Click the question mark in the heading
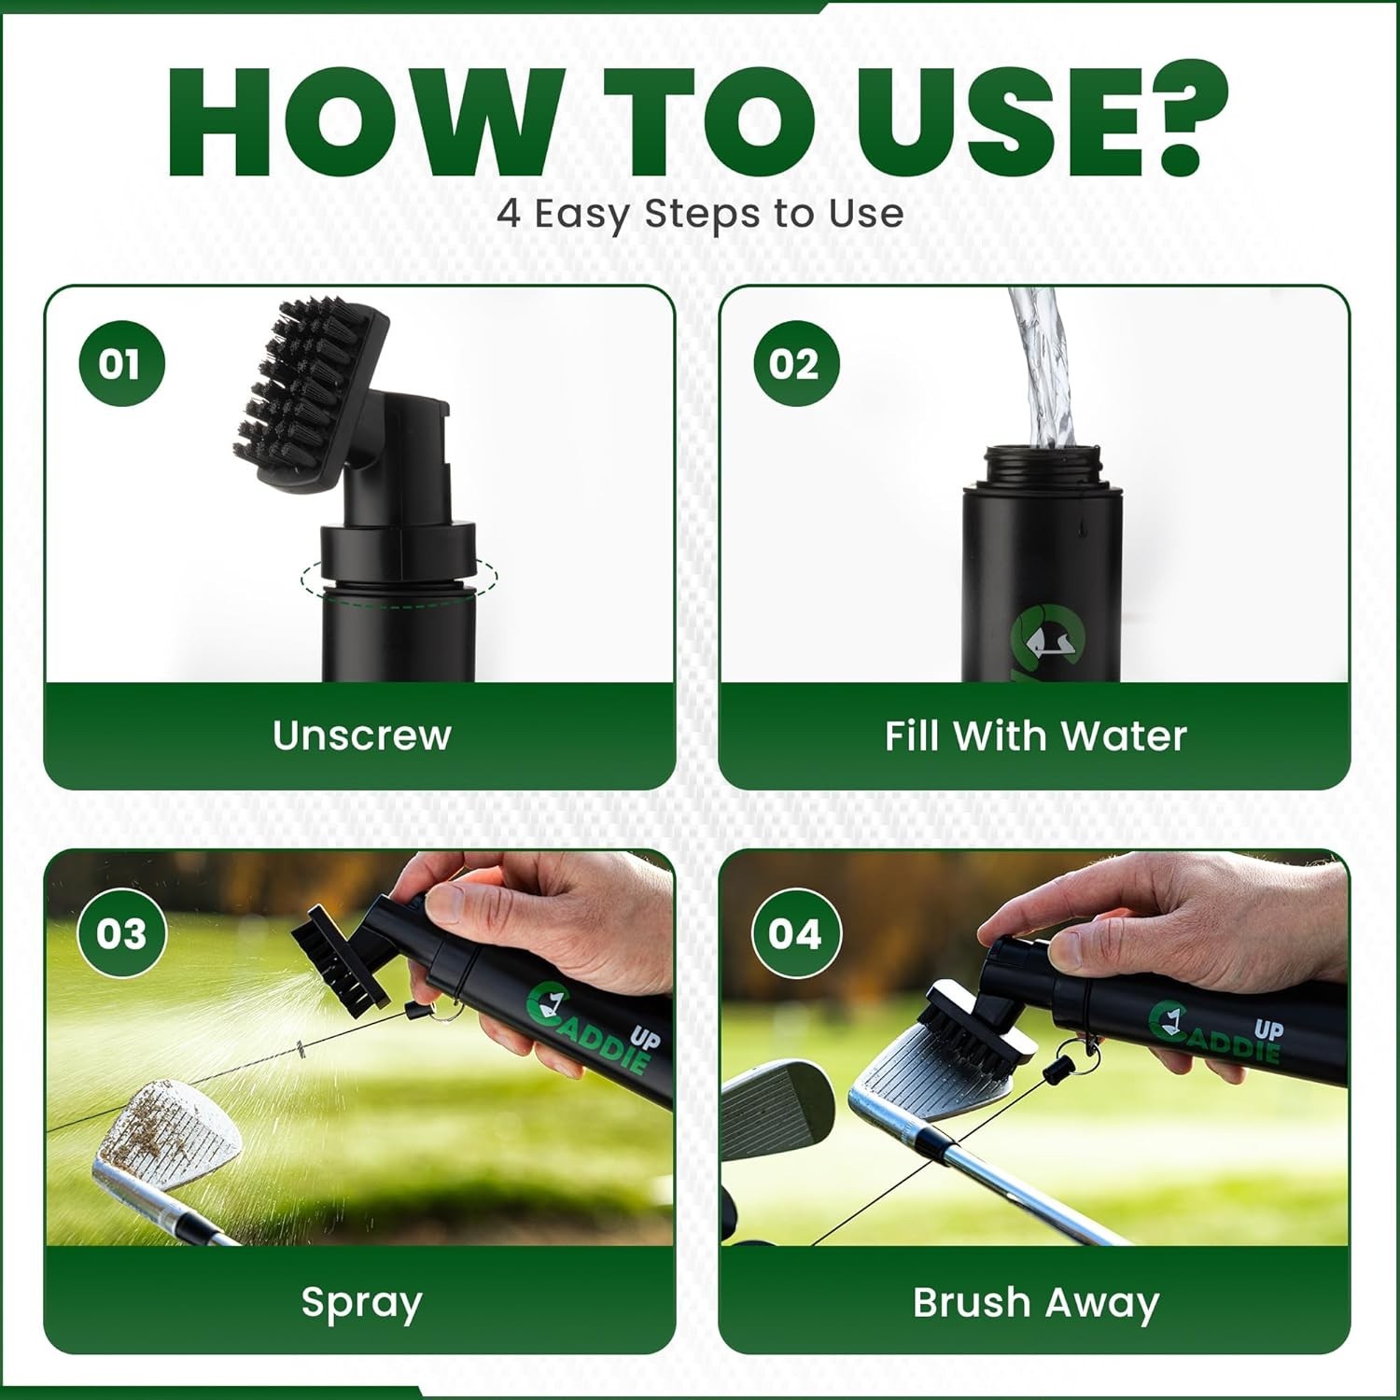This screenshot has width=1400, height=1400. [1178, 117]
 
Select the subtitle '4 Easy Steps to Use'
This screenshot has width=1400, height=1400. [700, 214]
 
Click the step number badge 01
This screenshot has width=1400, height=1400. [121, 363]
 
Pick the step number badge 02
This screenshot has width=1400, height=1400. [795, 363]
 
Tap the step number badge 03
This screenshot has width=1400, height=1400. [121, 933]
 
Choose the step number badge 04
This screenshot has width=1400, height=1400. [795, 933]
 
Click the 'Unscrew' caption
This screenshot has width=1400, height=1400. [362, 735]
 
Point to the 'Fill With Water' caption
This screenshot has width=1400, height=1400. [1035, 735]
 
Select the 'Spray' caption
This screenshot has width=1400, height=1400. [361, 1303]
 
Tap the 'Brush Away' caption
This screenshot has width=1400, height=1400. [1035, 1303]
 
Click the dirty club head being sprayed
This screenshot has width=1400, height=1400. [168, 1134]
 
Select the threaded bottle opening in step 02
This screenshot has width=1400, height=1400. [1043, 465]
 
